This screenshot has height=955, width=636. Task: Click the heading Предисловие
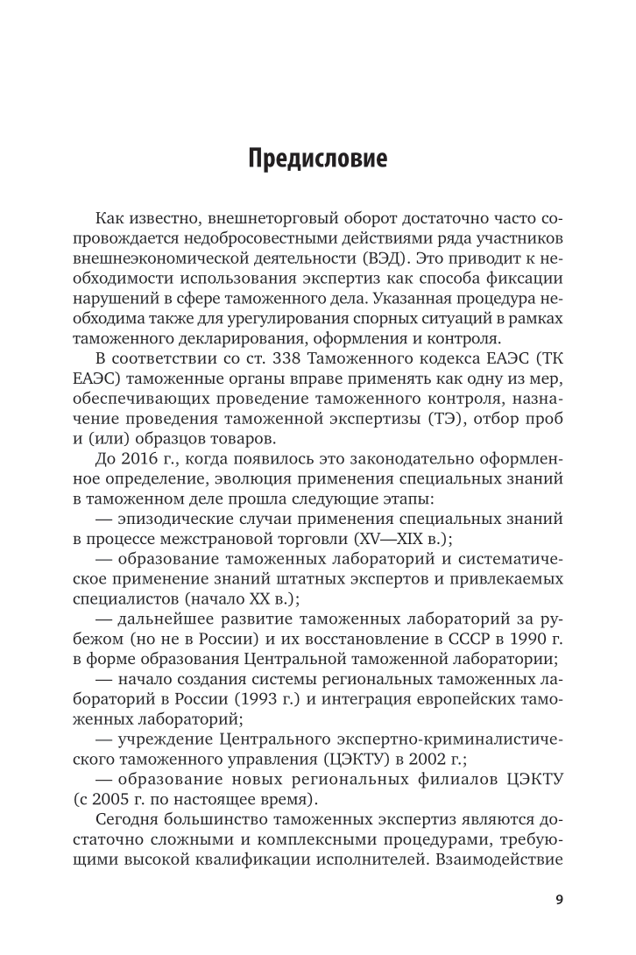(x=317, y=160)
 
